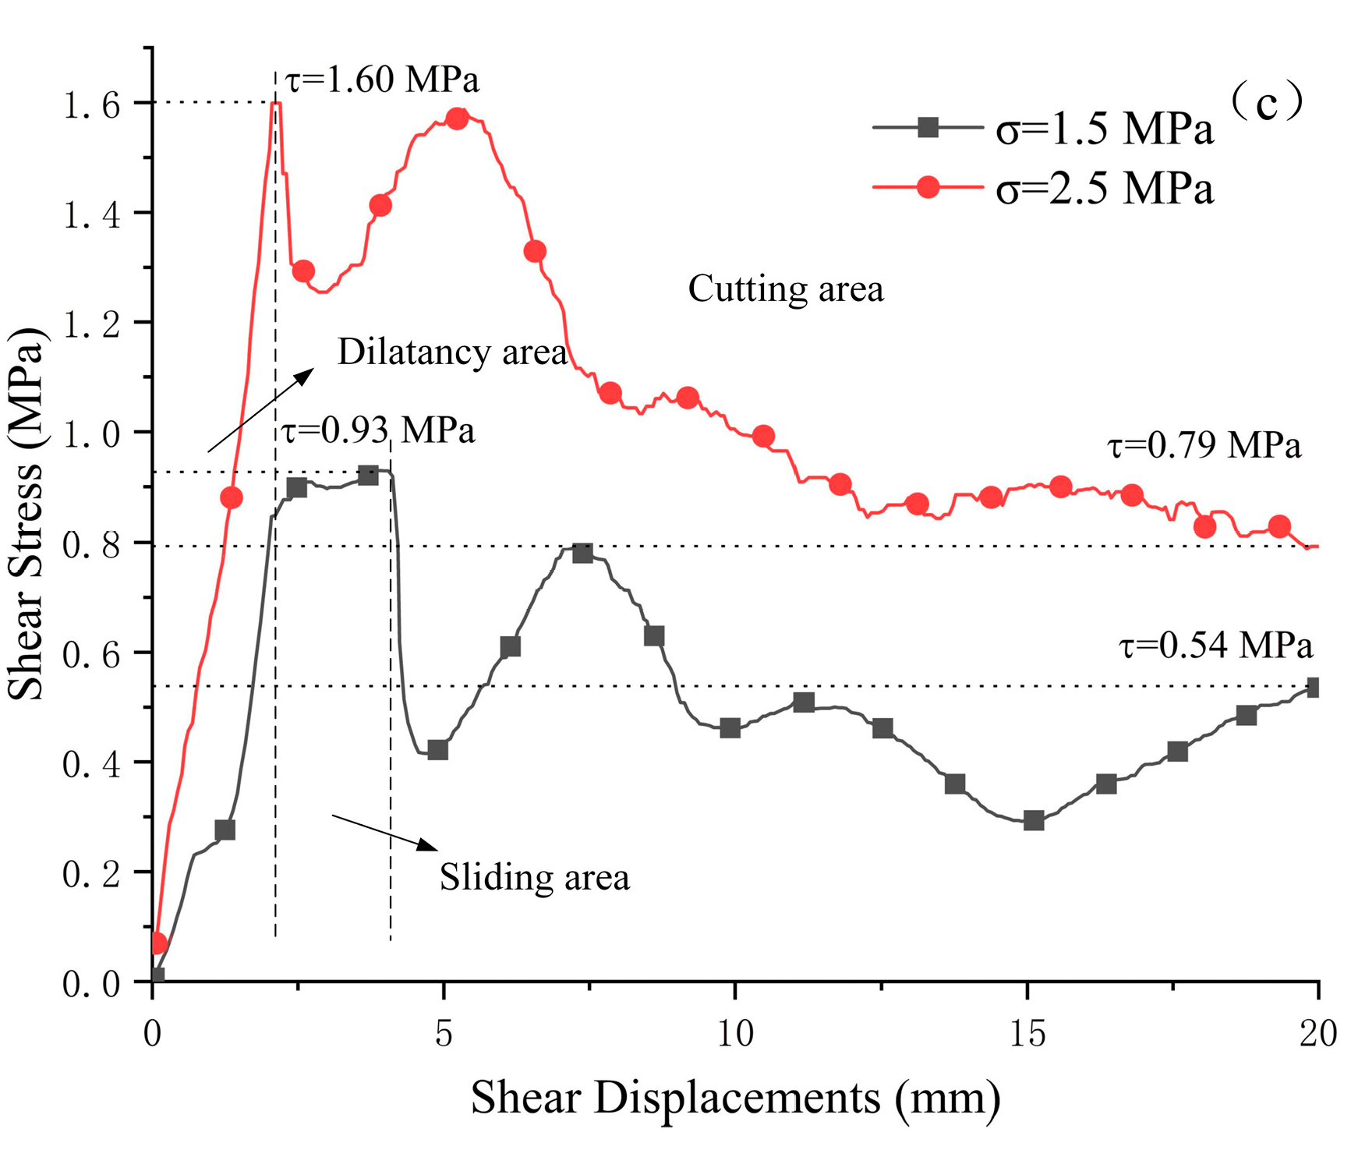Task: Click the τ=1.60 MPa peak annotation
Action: [382, 80]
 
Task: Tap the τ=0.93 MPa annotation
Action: [378, 430]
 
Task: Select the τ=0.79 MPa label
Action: [1204, 445]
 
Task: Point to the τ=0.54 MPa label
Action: [1216, 645]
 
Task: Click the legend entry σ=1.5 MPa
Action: [1105, 129]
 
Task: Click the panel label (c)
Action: [1267, 102]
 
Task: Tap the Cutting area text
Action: [786, 289]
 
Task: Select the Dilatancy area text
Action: [452, 352]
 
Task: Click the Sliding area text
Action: [535, 877]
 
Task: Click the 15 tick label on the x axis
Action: [1027, 1034]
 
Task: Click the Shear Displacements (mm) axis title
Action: [735, 1099]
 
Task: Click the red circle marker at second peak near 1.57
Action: [458, 119]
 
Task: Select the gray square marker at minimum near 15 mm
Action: [1034, 820]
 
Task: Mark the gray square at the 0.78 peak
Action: [582, 554]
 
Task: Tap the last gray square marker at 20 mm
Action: [1313, 688]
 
